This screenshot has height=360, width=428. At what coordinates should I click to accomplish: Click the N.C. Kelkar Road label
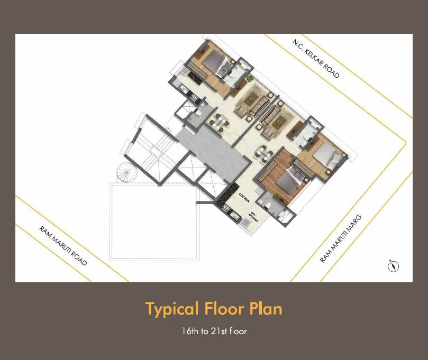316,59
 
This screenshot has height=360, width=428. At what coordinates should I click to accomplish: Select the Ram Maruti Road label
63,246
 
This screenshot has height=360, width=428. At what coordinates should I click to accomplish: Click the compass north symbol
393,266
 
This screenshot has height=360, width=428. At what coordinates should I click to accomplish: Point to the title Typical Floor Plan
214,309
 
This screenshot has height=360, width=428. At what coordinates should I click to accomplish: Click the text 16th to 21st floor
214,331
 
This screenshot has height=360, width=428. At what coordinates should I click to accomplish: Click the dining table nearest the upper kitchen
217,122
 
